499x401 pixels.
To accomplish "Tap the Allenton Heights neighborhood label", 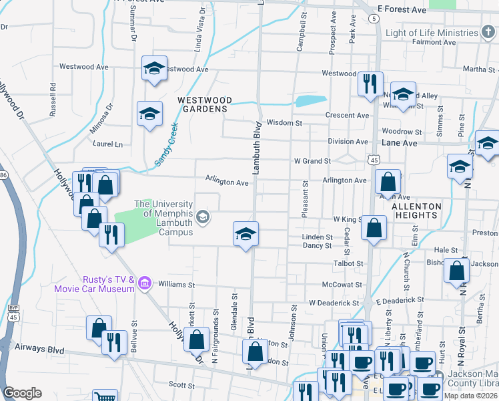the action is point(416,211).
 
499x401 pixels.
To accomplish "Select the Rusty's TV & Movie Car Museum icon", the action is point(143,285).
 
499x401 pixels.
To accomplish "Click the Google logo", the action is point(22,393).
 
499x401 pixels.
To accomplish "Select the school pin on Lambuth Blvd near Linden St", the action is point(245,234).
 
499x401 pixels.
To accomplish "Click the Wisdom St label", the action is point(284,123).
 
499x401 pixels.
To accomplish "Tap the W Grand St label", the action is point(312,161).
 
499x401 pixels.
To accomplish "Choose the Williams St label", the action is point(175,284).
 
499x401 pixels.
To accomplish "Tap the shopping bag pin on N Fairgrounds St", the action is point(198,340).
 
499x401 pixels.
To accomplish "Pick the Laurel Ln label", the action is point(108,144).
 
